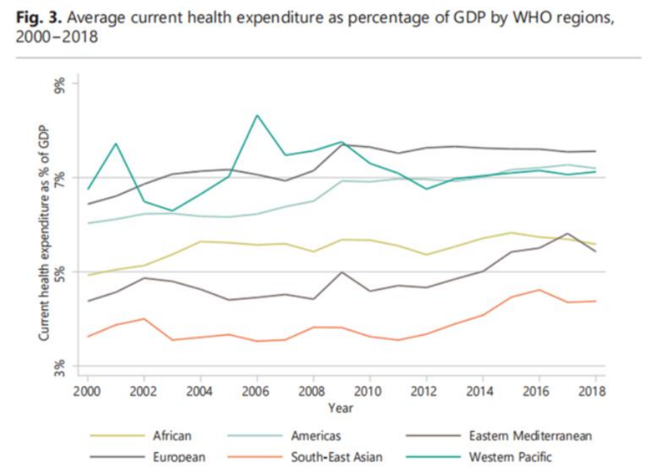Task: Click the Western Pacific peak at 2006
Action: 258,116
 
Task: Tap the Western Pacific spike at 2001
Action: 116,144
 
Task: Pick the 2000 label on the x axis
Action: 87,392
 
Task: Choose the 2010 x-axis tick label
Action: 370,392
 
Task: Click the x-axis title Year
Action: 340,409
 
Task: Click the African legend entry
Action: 172,435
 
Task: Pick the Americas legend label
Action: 316,435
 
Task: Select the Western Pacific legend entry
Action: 509,457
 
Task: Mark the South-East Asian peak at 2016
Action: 539,290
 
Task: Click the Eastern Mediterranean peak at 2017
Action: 568,233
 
